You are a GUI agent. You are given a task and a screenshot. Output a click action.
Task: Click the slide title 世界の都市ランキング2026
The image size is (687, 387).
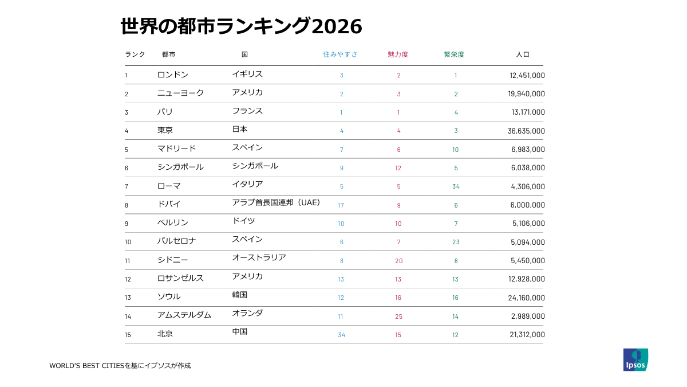(x=241, y=26)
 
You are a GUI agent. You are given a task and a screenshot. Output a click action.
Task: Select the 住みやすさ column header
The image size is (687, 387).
(x=340, y=54)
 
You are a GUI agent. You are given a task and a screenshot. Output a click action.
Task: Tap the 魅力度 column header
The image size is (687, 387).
(x=398, y=54)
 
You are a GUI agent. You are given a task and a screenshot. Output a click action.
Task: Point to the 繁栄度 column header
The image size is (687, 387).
(x=454, y=54)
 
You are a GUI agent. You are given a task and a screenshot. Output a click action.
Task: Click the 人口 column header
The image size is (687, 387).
(x=523, y=54)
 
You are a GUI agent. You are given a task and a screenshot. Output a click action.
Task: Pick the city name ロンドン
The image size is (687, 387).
(x=172, y=75)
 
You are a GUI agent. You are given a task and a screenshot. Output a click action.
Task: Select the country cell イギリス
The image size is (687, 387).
(x=247, y=74)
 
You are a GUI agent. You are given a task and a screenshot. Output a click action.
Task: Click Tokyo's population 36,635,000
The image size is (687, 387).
(x=526, y=131)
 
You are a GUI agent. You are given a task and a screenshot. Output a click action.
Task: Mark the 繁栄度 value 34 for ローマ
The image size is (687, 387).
(x=456, y=186)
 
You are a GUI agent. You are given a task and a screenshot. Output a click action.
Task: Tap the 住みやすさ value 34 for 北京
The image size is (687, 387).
(x=341, y=335)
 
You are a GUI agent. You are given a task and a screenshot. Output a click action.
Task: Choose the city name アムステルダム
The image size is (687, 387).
(x=184, y=315)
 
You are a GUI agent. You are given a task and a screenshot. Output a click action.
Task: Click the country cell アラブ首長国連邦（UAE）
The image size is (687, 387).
(x=277, y=202)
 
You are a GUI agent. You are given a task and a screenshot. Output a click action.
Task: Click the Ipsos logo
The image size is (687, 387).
(x=635, y=359)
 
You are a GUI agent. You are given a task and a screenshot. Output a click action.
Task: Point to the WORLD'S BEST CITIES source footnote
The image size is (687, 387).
(x=120, y=365)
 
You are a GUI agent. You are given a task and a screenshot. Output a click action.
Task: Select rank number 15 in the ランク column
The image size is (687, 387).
(x=128, y=335)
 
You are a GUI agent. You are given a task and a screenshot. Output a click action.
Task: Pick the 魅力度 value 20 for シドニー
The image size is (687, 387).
(x=398, y=261)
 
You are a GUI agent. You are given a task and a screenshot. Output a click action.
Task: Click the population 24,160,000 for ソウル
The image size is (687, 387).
(x=526, y=298)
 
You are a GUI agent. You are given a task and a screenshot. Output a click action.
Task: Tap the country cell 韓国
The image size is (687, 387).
(x=240, y=295)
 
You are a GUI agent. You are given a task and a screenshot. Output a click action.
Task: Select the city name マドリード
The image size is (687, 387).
(x=176, y=148)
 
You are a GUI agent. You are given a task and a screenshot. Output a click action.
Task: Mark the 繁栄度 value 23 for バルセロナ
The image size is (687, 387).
(x=456, y=242)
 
